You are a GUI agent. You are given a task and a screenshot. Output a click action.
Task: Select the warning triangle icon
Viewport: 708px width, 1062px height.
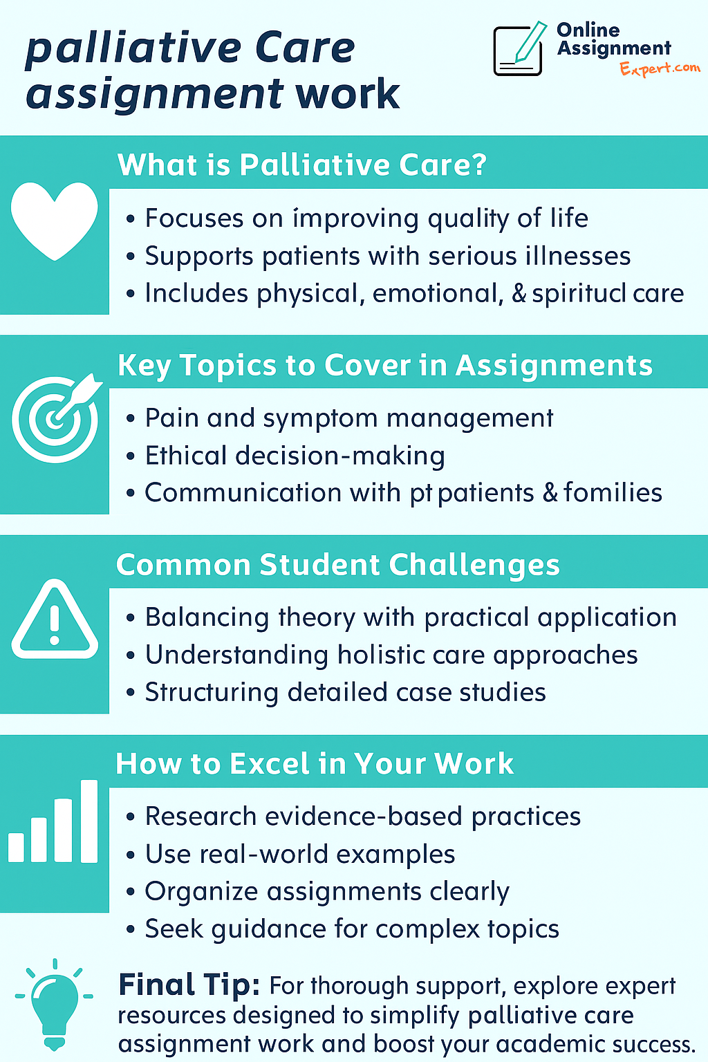pyautogui.click(x=55, y=619)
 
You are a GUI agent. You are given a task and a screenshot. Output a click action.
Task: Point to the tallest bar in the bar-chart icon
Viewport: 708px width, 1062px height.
pyautogui.click(x=89, y=821)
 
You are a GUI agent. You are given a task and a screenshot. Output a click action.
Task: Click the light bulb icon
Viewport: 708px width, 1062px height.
pyautogui.click(x=54, y=1005)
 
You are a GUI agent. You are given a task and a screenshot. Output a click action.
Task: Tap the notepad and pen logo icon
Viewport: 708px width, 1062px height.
pyautogui.click(x=520, y=49)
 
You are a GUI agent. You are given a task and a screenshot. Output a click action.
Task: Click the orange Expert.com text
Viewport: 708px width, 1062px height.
pyautogui.click(x=660, y=68)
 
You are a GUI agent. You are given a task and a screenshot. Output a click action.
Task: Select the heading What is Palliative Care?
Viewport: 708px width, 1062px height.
pyautogui.click(x=302, y=165)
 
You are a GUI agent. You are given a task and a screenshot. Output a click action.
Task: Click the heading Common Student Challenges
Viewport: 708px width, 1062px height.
pyautogui.click(x=337, y=565)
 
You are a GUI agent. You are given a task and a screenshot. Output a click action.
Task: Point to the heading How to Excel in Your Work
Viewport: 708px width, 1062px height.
pyautogui.click(x=315, y=763)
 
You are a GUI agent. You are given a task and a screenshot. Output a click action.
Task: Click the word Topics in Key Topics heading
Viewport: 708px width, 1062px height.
pyautogui.click(x=228, y=366)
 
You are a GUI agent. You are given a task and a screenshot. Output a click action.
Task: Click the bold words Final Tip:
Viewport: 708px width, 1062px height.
pyautogui.click(x=189, y=985)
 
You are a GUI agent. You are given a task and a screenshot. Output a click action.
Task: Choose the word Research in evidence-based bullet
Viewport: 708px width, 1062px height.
pyautogui.click(x=201, y=817)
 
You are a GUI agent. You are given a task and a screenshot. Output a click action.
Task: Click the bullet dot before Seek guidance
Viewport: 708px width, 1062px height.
pyautogui.click(x=131, y=930)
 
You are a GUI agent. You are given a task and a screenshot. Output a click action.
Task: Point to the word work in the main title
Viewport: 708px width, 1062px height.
pyautogui.click(x=348, y=94)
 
